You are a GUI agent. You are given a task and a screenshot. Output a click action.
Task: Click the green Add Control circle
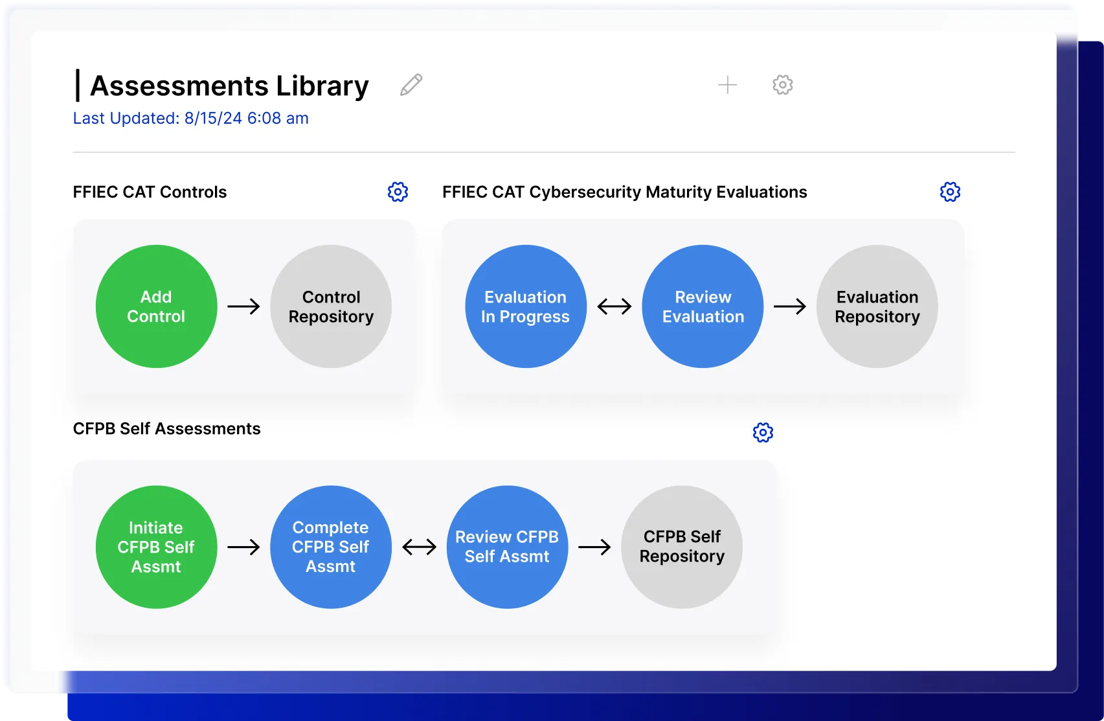(156, 306)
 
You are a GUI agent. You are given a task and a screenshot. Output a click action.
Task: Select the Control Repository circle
(331, 306)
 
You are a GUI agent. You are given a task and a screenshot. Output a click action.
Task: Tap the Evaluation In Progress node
(525, 306)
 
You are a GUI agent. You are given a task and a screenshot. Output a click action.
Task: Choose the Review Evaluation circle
(703, 306)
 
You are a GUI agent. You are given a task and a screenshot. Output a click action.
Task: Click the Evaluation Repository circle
(877, 306)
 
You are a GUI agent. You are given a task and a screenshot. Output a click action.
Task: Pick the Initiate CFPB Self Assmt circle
(156, 547)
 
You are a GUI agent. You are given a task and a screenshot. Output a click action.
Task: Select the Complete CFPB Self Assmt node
(331, 547)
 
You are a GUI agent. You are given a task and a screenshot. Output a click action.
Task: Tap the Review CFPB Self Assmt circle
(507, 547)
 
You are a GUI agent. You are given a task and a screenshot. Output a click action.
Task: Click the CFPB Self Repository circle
(682, 547)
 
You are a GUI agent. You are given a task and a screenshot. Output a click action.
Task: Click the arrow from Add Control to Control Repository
(243, 306)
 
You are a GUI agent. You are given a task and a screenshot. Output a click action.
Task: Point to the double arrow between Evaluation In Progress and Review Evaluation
(614, 306)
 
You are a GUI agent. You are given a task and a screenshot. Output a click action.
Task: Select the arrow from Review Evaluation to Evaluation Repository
(790, 306)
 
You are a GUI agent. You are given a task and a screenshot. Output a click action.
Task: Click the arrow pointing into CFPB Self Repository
(594, 547)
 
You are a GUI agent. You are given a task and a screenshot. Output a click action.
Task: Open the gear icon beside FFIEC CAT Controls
(398, 192)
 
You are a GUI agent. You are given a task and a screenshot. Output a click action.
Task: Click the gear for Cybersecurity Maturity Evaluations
(950, 192)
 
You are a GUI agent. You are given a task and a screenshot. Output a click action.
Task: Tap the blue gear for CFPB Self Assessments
(763, 432)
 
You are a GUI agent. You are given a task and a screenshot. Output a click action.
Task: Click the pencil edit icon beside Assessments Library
(411, 85)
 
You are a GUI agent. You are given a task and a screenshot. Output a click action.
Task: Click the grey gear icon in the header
(782, 85)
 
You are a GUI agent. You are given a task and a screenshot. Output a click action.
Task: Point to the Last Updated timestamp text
(191, 119)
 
